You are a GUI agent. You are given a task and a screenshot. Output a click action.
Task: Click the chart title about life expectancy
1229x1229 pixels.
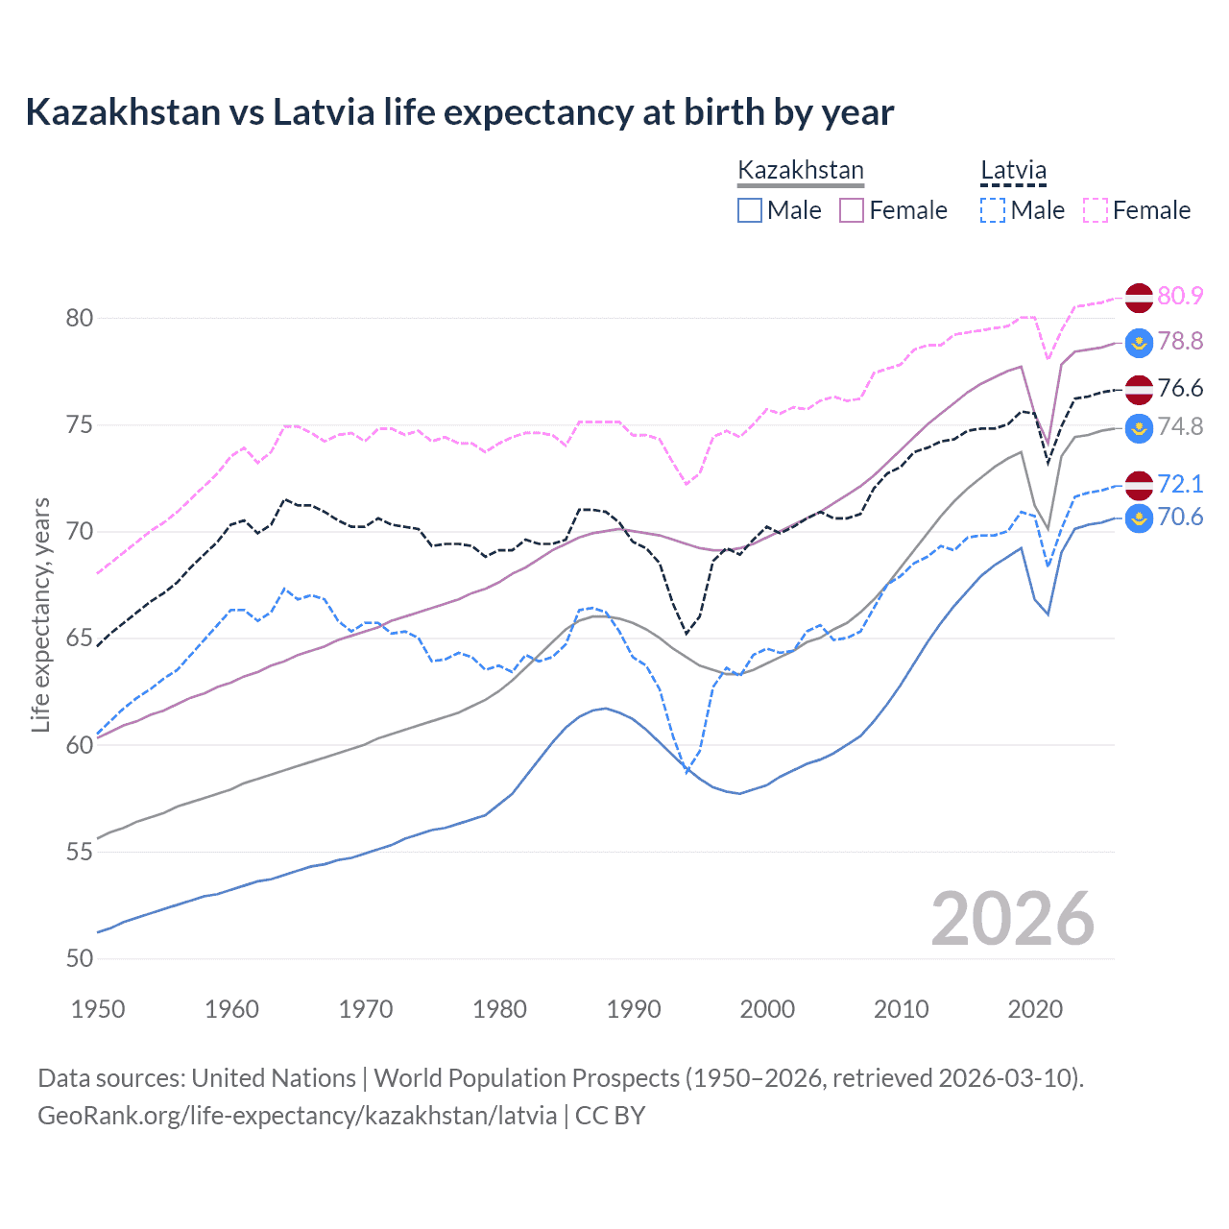tap(459, 112)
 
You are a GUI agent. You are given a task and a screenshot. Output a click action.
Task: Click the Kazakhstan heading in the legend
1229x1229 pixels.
tap(800, 171)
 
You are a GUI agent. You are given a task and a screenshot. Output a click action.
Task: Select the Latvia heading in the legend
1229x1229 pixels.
tap(1013, 171)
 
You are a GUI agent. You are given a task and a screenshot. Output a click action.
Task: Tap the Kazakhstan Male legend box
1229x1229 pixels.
tap(750, 210)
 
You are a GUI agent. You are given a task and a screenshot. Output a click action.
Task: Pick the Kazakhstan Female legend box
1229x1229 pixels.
tap(852, 210)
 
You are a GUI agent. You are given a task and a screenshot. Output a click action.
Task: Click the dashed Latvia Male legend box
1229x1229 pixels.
tap(993, 210)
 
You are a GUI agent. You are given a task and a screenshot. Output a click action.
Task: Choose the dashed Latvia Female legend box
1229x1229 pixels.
tap(1096, 210)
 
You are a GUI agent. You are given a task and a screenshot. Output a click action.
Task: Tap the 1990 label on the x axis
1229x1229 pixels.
tap(634, 1009)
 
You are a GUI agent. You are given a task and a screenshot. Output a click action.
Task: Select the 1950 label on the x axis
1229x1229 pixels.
tap(98, 1009)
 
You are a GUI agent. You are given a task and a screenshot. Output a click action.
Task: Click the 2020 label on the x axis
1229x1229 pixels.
tap(1035, 1009)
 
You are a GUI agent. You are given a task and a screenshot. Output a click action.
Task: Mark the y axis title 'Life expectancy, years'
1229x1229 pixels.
tap(40, 614)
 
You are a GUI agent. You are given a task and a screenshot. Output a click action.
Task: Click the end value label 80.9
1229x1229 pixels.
tap(1180, 296)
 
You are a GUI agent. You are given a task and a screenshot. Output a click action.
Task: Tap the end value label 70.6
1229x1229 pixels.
tap(1180, 517)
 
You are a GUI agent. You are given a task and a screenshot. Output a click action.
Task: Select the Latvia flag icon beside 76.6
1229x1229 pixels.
tap(1139, 389)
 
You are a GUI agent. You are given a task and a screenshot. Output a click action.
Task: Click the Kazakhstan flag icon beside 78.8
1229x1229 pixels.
tap(1139, 342)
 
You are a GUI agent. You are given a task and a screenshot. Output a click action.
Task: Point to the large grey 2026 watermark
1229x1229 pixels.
tap(1012, 919)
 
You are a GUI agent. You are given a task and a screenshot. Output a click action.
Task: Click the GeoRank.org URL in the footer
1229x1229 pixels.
tap(297, 1116)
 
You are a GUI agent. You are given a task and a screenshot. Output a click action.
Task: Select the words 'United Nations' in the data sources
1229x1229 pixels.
tap(274, 1078)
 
